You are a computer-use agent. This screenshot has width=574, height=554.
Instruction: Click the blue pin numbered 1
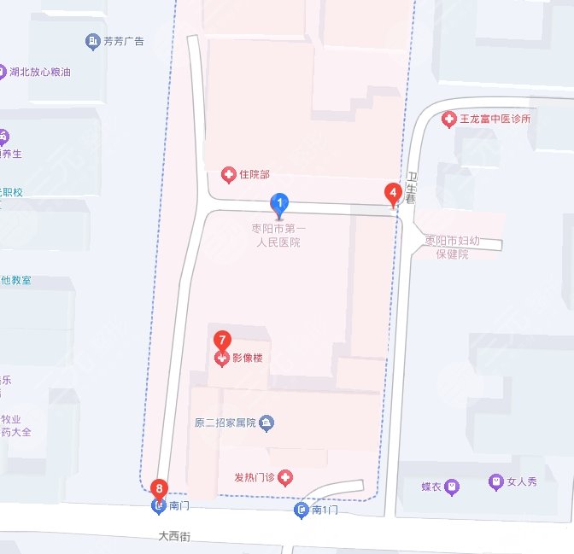point(278,203)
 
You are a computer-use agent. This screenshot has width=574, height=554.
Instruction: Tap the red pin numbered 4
point(393,193)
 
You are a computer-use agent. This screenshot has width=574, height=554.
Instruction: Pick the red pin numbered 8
point(158,489)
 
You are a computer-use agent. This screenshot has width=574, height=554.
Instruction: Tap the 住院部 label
point(254,175)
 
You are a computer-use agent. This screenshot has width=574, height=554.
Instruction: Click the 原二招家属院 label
point(225,423)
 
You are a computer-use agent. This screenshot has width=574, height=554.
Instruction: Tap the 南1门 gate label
point(325,510)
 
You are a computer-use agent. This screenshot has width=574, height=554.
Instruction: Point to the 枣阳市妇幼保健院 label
point(453,247)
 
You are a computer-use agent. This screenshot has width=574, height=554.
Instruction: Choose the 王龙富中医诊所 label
point(495,120)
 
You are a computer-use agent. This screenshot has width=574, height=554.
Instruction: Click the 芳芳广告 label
point(124,41)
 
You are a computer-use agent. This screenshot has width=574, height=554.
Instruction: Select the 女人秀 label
point(521,482)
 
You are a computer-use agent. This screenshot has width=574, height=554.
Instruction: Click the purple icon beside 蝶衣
point(453,487)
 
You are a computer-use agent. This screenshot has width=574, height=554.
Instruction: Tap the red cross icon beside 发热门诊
point(284,477)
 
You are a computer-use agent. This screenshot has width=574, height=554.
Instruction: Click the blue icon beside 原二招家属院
point(266,423)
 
